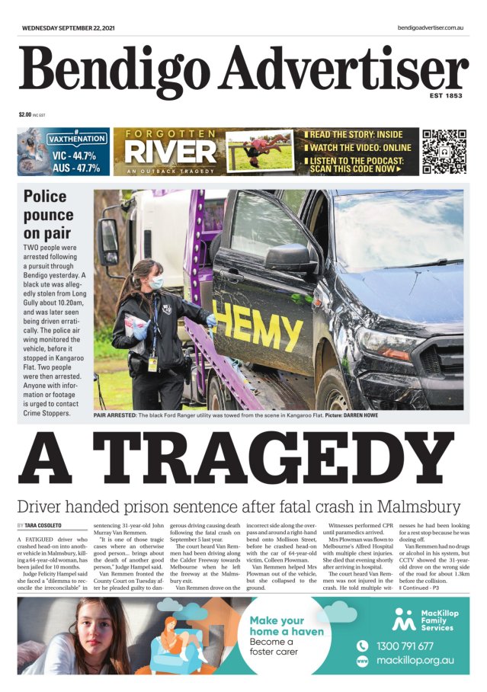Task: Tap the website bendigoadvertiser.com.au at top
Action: [431, 27]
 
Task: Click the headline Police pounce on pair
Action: [50, 215]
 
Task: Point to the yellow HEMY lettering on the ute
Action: [247, 323]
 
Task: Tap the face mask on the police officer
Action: [156, 283]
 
